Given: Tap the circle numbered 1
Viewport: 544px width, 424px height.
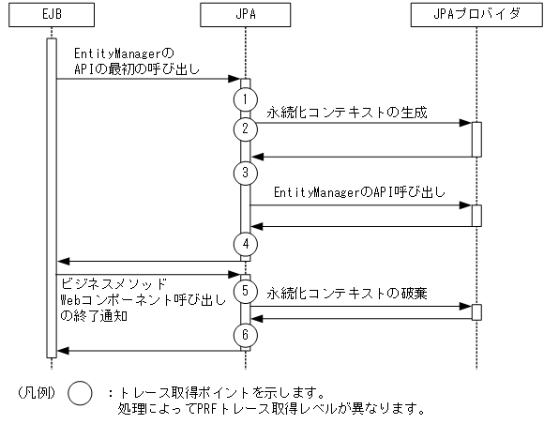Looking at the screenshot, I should tap(246, 98).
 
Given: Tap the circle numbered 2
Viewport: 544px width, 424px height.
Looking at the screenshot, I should tap(246, 128).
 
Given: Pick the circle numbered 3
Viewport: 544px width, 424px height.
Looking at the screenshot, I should tap(246, 172).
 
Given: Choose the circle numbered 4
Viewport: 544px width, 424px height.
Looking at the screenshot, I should tap(246, 243).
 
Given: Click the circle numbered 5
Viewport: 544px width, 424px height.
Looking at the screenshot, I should tap(246, 290).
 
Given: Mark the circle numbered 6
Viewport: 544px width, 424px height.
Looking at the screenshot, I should tap(246, 335).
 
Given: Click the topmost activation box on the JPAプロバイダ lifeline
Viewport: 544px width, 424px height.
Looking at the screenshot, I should tap(476, 139).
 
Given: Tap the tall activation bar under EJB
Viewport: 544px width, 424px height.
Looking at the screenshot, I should tap(52, 197).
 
